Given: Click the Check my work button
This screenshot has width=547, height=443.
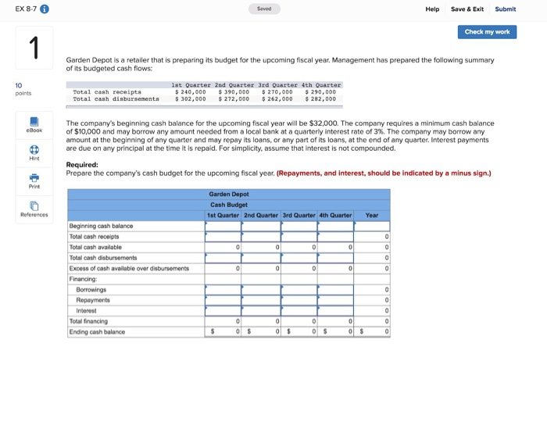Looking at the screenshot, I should pyautogui.click(x=487, y=32).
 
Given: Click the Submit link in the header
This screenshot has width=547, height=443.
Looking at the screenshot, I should pyautogui.click(x=506, y=9).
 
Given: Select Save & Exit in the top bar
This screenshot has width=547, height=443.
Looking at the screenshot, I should pyautogui.click(x=467, y=9).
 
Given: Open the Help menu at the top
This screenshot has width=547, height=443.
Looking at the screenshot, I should pyautogui.click(x=432, y=9).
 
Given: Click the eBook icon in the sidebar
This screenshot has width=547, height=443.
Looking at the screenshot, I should pyautogui.click(x=34, y=123).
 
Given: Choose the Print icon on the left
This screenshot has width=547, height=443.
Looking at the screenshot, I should pyautogui.click(x=34, y=180).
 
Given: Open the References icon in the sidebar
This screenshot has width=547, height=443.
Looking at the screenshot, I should pyautogui.click(x=34, y=208).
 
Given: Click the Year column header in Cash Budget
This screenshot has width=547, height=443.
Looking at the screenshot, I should pyautogui.click(x=372, y=215).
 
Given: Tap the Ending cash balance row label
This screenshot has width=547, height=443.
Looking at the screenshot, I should pyautogui.click(x=97, y=331).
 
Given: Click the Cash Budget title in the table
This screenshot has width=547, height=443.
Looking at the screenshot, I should pyautogui.click(x=228, y=204).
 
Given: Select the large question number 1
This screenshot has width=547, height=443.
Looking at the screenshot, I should pyautogui.click(x=34, y=48).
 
